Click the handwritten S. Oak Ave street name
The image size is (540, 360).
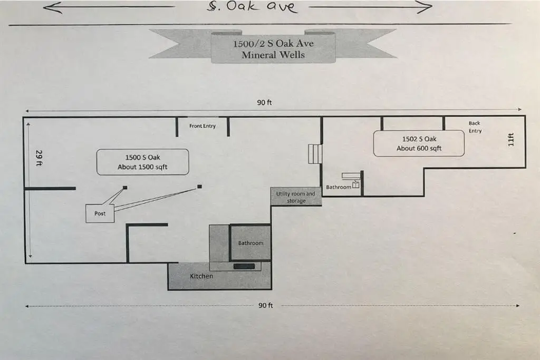pos(252,7)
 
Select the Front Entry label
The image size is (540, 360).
pos(202,126)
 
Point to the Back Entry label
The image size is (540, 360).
pos(475,127)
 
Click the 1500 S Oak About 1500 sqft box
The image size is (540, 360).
pos(142,162)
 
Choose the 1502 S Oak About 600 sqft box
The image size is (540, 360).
pos(419,143)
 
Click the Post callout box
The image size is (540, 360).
pos(100,213)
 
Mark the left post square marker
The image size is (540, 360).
pos(125,188)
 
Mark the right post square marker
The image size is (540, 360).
pos(199,186)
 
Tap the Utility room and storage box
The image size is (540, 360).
pos(296,197)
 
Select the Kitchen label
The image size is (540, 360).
pos(201,276)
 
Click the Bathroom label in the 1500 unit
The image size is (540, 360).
pos(250,243)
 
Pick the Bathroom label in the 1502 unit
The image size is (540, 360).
pos(339,187)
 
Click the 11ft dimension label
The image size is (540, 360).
pos(510,140)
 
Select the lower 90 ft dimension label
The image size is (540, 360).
pos(266,306)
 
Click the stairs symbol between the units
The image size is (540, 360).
pos(315,154)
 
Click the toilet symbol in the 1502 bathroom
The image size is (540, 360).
pos(356,184)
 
